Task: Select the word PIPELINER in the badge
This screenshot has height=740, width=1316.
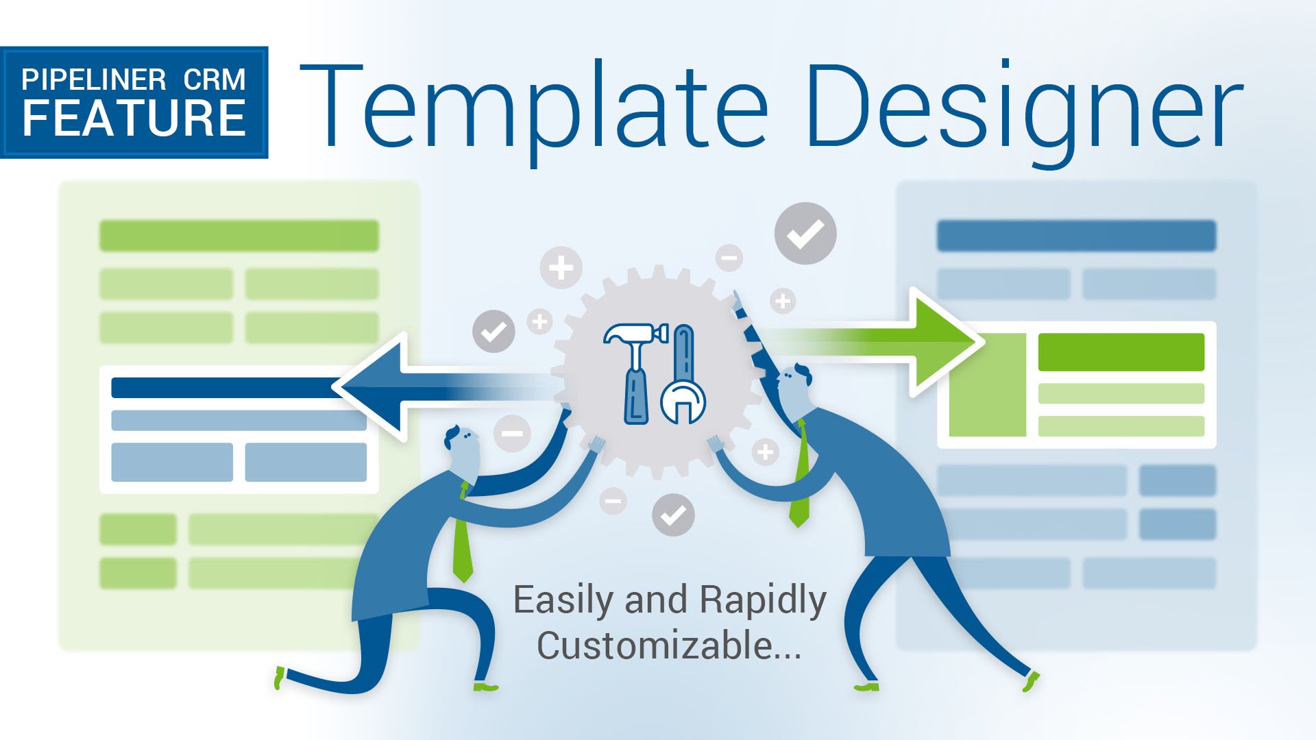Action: [x=94, y=80]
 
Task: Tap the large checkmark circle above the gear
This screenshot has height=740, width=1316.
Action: [x=805, y=234]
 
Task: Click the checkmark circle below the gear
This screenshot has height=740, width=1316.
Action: [x=673, y=515]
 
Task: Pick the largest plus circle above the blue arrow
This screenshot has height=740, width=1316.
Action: [x=561, y=267]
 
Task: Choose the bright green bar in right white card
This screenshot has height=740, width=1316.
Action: [x=1121, y=352]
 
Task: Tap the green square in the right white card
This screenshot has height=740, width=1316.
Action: [x=988, y=385]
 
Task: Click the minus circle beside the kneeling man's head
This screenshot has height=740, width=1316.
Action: [x=512, y=433]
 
